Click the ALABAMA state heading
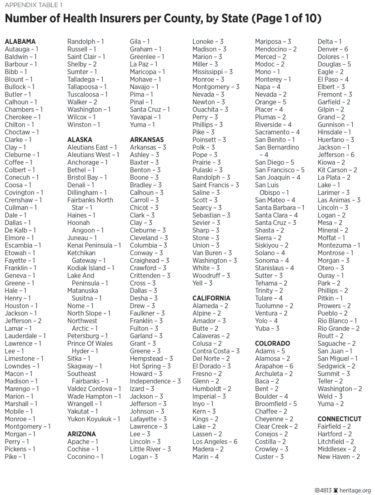tap(20, 41)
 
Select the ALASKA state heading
tap(80, 140)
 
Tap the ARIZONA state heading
tap(81, 434)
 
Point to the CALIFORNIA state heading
tap(211, 298)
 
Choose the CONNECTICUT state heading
tap(340, 419)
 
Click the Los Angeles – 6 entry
tap(215, 442)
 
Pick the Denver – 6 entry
tap(333, 49)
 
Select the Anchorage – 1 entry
tap(87, 162)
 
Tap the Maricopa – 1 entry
tap(147, 72)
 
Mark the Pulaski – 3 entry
tap(207, 170)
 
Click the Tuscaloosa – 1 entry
tap(87, 94)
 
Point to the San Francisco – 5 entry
tap(280, 170)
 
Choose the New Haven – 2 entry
tap(339, 457)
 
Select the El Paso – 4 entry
tap(333, 79)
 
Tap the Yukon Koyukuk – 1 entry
tap(94, 419)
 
